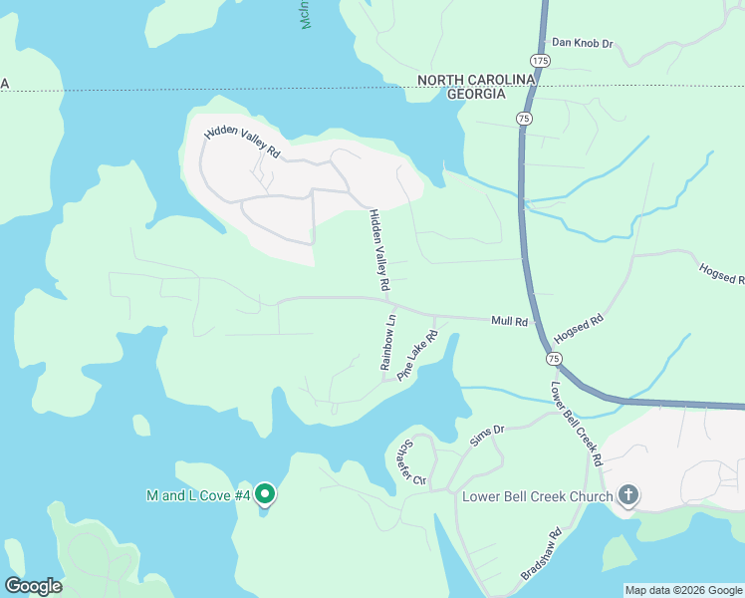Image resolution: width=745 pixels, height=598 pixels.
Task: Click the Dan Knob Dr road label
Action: click(583, 44)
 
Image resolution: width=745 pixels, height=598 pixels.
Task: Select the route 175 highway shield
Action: click(540, 62)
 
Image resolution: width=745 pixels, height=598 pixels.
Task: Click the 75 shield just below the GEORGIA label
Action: click(524, 119)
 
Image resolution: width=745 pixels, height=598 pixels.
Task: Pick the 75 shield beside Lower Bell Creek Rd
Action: click(552, 357)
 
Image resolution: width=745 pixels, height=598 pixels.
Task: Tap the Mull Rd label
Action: click(508, 321)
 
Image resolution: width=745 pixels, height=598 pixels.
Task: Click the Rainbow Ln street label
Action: click(389, 342)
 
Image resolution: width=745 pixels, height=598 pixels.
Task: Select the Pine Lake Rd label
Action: click(417, 356)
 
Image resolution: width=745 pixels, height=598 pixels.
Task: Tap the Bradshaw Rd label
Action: click(542, 556)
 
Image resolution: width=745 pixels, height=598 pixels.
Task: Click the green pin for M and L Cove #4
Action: click(265, 493)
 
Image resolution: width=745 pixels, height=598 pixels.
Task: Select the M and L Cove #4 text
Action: click(197, 495)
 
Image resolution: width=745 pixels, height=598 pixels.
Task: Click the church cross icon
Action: click(627, 494)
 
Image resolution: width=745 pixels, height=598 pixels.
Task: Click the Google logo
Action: click(33, 586)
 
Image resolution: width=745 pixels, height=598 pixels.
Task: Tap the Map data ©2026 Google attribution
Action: click(682, 590)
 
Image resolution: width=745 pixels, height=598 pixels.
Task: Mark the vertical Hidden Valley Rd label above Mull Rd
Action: click(379, 249)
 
